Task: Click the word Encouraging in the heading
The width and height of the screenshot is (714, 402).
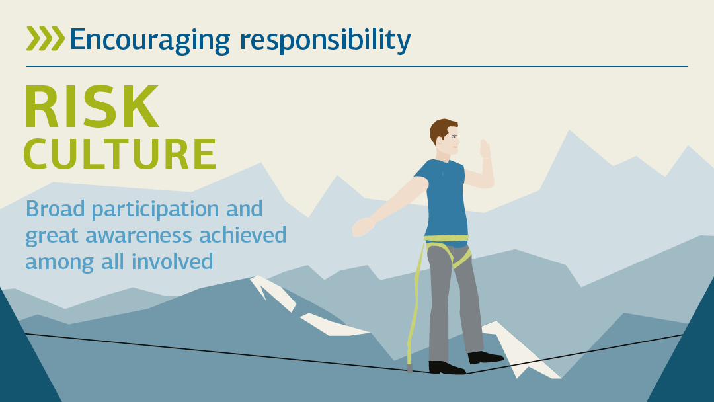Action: [150, 40]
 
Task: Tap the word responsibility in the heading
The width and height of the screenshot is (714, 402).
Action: [325, 40]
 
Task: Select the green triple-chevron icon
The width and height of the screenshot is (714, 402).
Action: [45, 38]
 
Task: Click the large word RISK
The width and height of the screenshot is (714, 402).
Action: [91, 106]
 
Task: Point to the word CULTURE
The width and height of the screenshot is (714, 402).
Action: [120, 154]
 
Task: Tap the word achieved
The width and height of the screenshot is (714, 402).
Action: [243, 235]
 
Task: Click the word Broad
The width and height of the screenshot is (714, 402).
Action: [55, 209]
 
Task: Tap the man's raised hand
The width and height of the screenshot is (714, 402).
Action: [485, 149]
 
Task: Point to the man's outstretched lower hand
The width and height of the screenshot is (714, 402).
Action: [362, 227]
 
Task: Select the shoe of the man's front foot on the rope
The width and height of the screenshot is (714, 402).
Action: [446, 367]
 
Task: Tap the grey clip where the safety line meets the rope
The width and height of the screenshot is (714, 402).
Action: [409, 367]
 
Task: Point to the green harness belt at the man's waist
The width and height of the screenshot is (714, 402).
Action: [446, 238]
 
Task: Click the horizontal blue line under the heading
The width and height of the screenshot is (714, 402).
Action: [357, 67]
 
